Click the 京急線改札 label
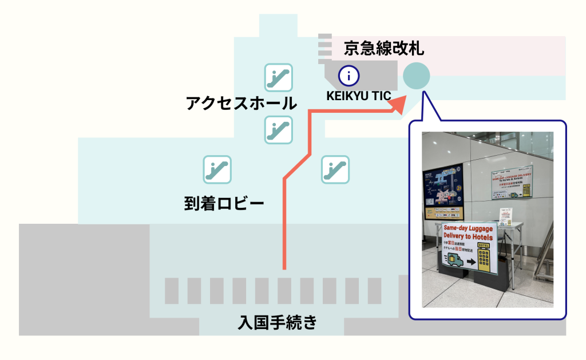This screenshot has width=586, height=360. [384, 48]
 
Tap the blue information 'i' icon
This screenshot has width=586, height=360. [349, 75]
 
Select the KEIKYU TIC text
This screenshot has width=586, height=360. [359, 96]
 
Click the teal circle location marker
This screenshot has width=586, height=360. [417, 76]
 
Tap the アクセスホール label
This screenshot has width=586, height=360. [241, 104]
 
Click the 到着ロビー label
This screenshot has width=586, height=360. [224, 203]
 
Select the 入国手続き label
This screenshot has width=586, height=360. [277, 323]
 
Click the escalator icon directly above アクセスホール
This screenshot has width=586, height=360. [278, 77]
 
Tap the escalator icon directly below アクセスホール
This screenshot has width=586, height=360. [278, 129]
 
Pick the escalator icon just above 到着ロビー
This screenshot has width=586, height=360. [217, 169]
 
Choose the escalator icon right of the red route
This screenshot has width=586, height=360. [335, 169]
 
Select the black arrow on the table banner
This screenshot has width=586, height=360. [470, 262]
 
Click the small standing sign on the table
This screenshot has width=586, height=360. [505, 216]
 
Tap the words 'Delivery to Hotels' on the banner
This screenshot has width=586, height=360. [468, 236]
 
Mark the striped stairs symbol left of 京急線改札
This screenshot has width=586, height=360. [325, 46]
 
